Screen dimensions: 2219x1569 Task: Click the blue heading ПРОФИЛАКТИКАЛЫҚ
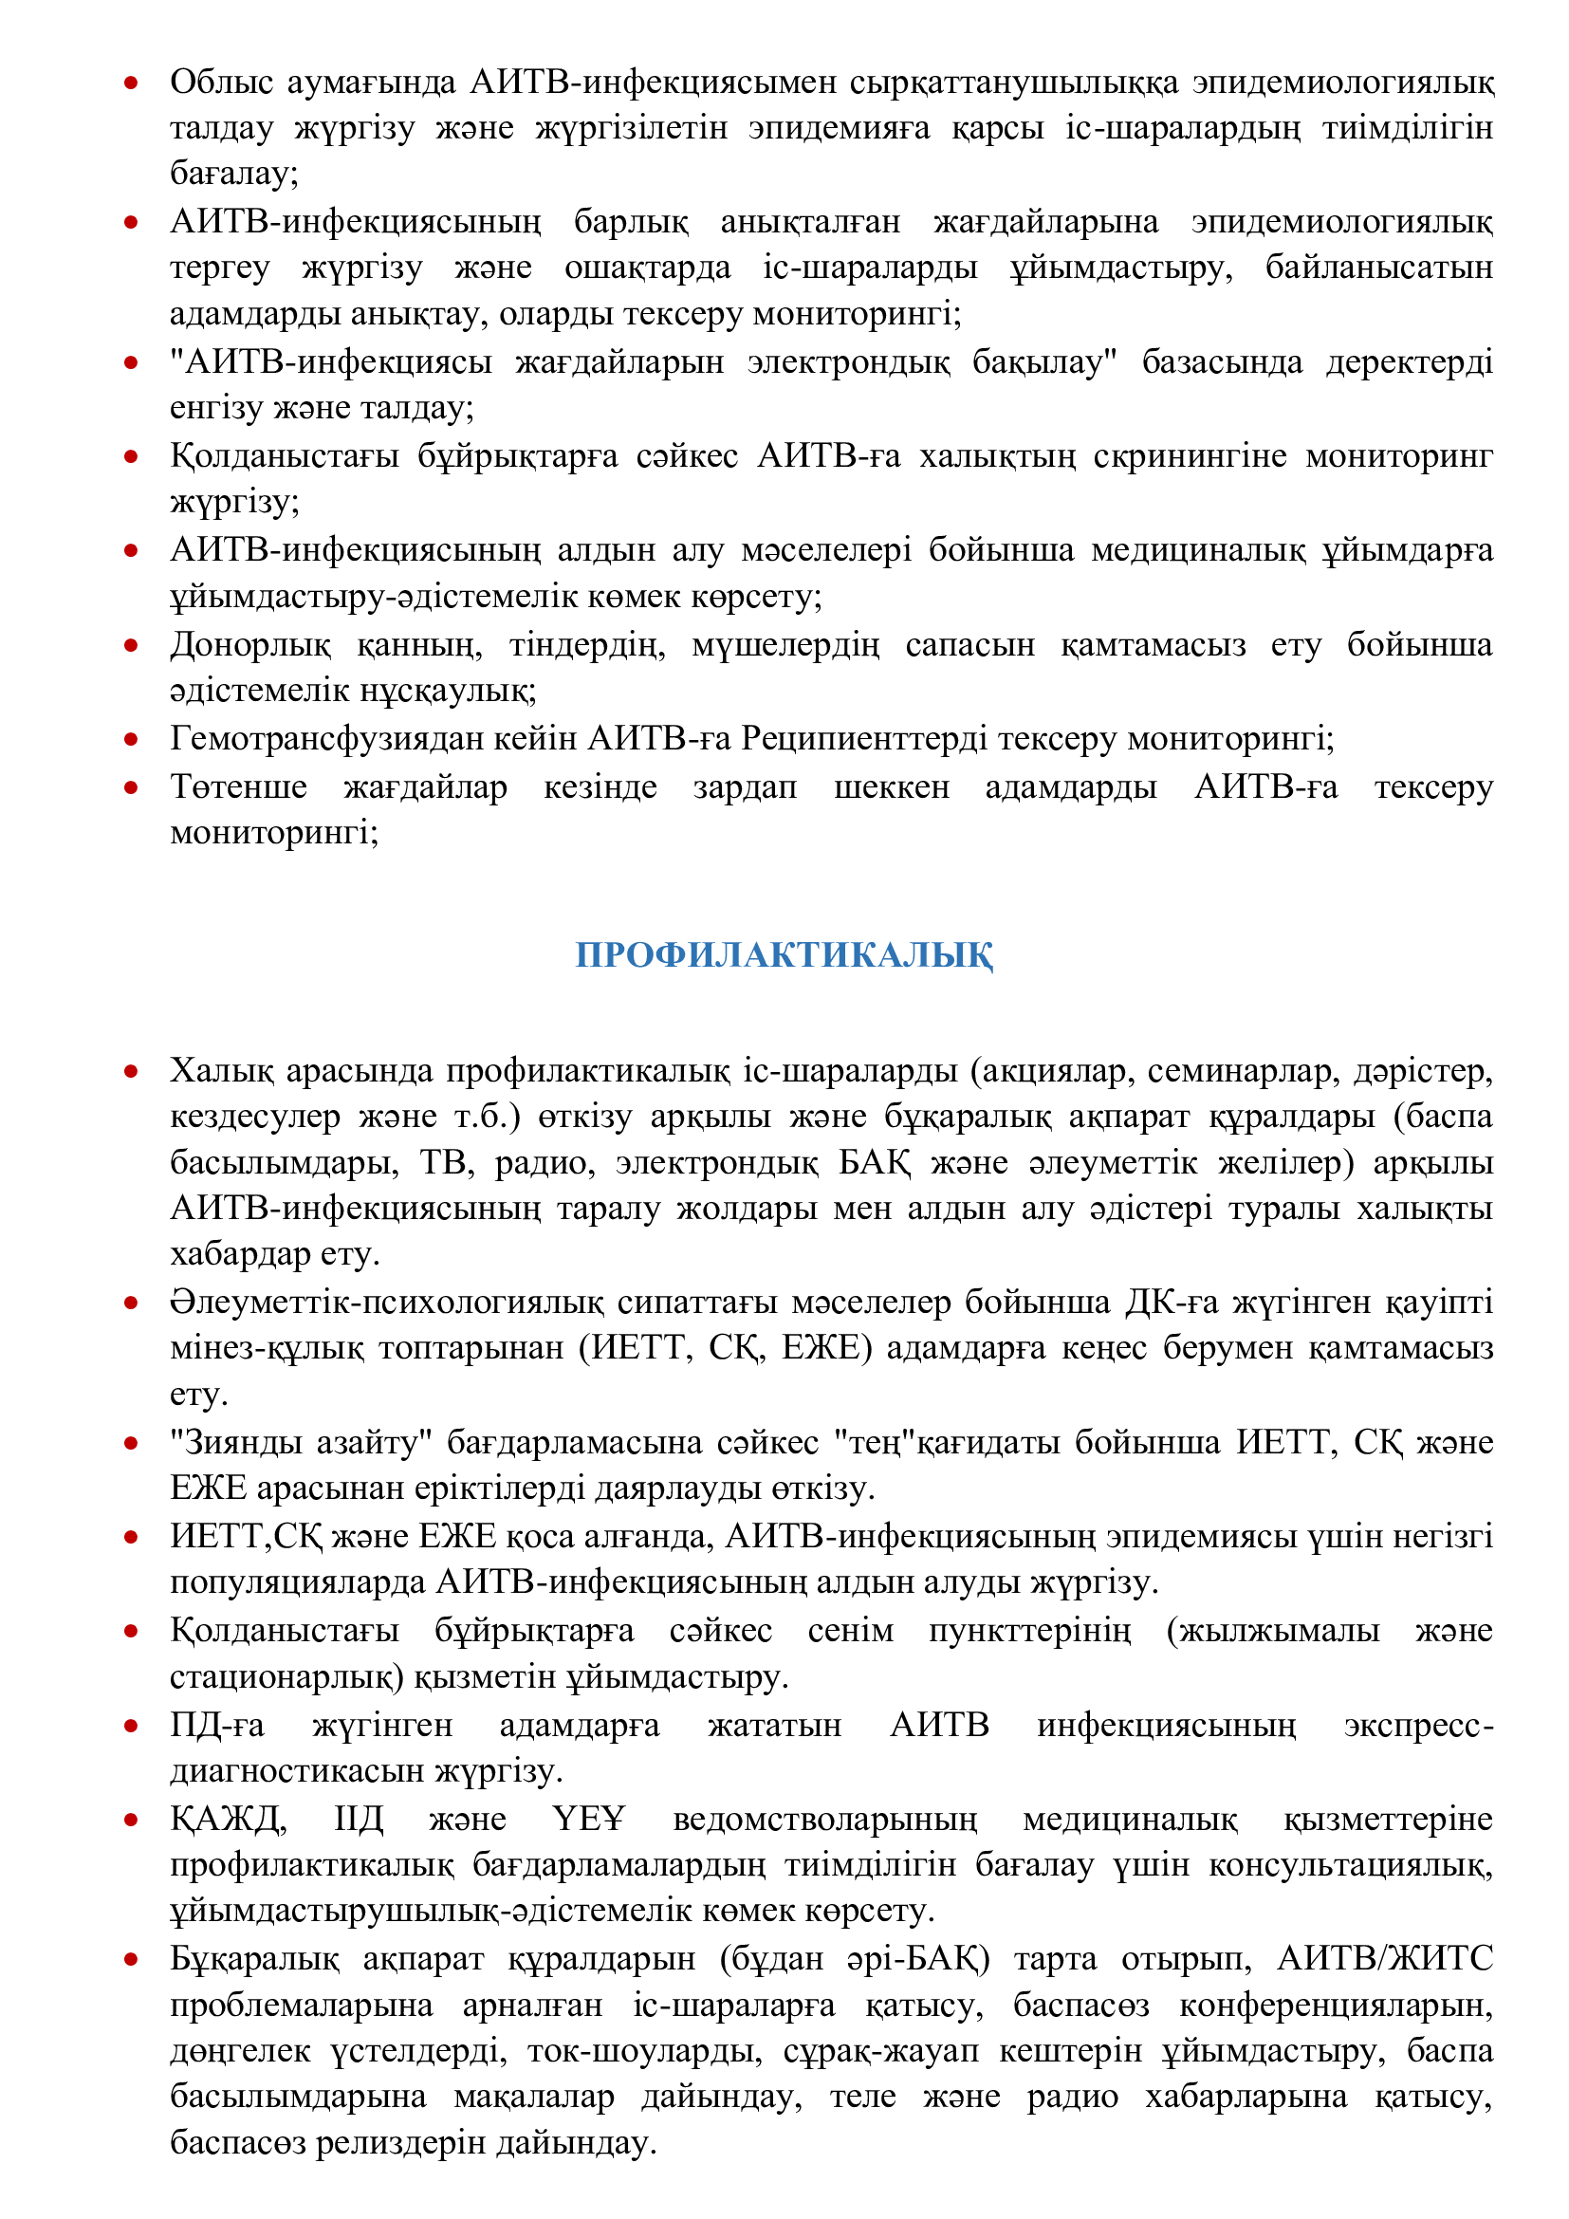point(784,955)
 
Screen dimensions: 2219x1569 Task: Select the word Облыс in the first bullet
point(221,83)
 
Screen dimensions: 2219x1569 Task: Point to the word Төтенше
point(239,786)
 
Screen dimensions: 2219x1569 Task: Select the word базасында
point(1221,361)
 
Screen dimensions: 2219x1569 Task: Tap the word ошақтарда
point(647,268)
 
